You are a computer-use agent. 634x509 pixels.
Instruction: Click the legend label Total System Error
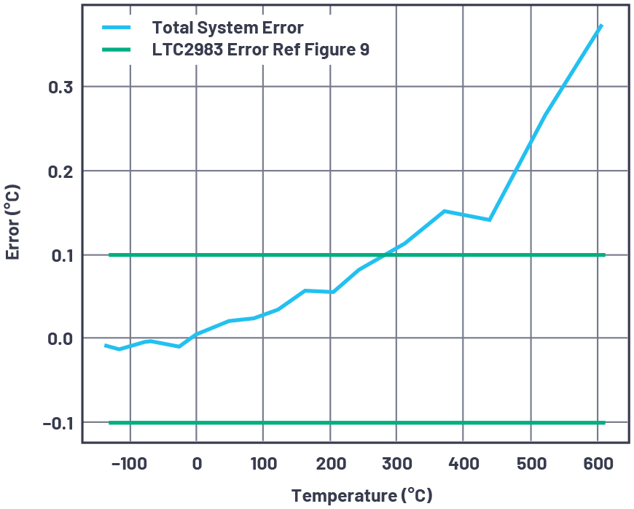click(x=227, y=28)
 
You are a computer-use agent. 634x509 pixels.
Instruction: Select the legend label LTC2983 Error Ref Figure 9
click(x=260, y=50)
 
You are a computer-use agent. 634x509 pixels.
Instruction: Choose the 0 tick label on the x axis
click(x=196, y=464)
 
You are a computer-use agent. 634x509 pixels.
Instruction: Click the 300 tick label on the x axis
click(x=396, y=464)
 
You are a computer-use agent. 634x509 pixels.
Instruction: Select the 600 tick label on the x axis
click(x=598, y=464)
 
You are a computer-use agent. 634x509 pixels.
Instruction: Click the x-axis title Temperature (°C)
click(x=361, y=496)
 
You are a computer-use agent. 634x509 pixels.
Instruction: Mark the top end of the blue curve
click(x=601, y=26)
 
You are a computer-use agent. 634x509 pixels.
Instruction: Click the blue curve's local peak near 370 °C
click(x=444, y=211)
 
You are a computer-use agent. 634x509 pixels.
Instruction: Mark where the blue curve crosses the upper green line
click(x=384, y=255)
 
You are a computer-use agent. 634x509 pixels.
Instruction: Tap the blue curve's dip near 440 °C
click(x=490, y=219)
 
